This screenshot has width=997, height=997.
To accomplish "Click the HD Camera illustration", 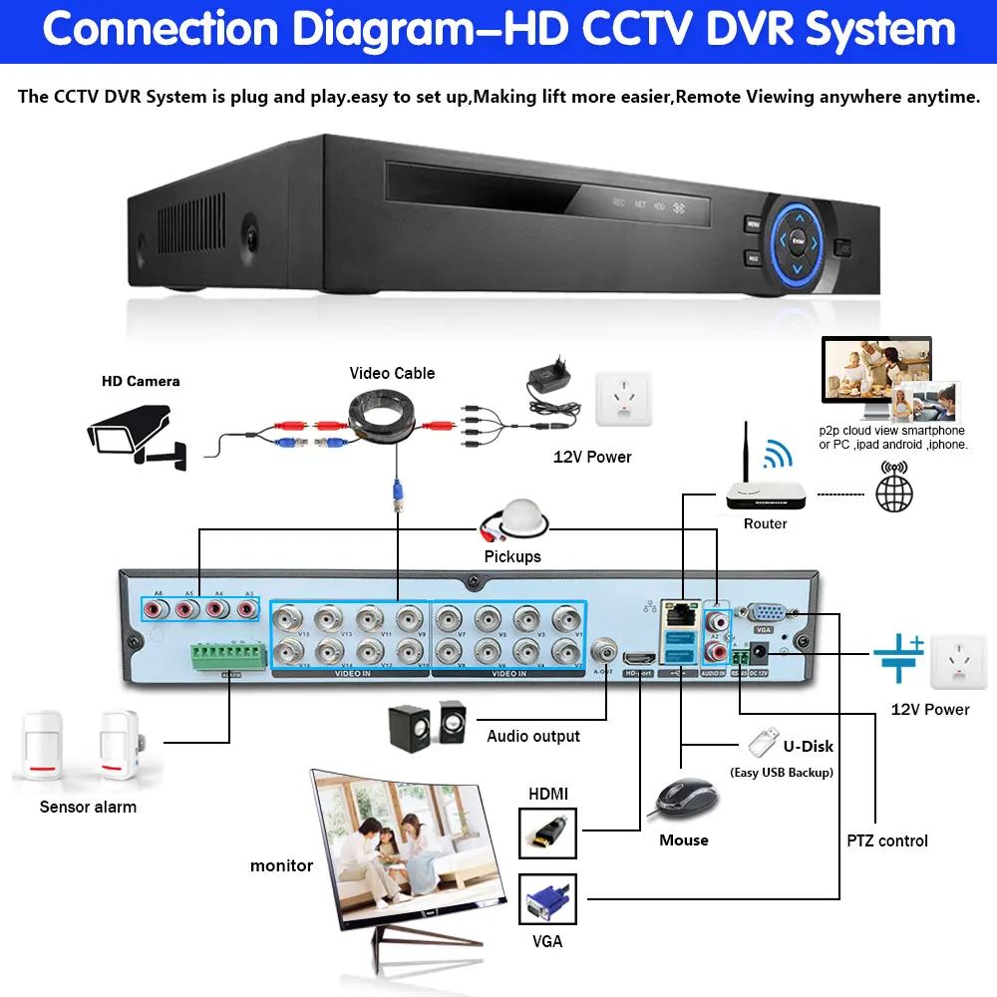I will [136, 430].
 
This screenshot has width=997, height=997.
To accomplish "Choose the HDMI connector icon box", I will [547, 832].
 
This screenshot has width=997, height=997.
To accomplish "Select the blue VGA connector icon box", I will [547, 898].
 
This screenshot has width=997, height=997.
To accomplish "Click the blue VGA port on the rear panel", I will [764, 616].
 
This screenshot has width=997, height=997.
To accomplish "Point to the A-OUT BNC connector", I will [603, 653].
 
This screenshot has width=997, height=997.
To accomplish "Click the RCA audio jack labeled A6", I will [155, 607].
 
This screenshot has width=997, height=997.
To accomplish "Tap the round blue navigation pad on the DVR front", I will [797, 240].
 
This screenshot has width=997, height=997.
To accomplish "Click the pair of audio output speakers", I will [426, 725].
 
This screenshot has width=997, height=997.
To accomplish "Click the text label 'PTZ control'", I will [887, 840].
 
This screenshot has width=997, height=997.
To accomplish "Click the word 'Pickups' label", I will [512, 556].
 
